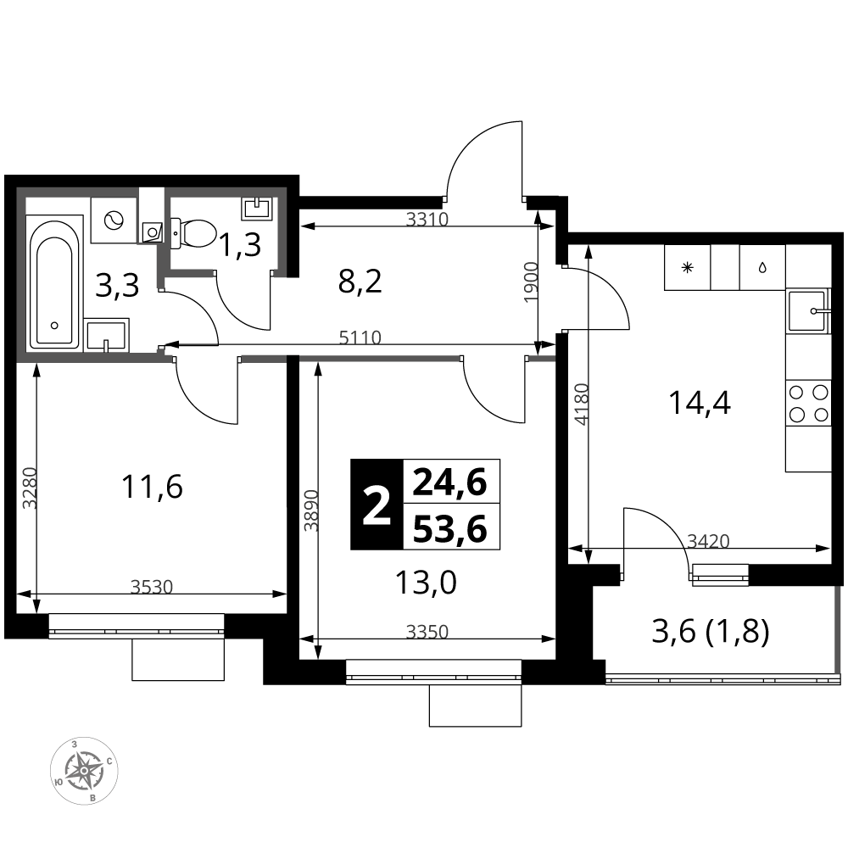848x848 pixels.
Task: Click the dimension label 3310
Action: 427,220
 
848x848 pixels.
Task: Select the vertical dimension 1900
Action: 532,282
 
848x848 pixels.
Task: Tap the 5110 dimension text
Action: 360,338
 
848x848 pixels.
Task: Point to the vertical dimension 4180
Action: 581,404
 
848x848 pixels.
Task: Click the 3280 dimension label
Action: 31,488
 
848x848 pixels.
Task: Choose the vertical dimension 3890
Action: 312,510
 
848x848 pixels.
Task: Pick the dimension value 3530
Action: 152,587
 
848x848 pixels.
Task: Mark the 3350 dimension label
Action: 427,632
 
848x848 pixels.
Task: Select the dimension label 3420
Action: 708,541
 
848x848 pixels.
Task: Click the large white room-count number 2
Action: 377,507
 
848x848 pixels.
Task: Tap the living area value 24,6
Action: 450,483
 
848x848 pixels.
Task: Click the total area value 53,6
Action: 450,529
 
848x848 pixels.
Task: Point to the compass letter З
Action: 75,744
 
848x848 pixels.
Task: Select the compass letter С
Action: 110,761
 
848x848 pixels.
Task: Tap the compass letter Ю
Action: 57,781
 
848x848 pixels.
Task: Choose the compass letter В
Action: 93,799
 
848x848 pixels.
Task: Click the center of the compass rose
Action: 84,771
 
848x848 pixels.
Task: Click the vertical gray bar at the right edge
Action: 838,629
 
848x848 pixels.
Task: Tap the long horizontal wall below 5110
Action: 379,359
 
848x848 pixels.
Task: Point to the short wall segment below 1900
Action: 542,359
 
